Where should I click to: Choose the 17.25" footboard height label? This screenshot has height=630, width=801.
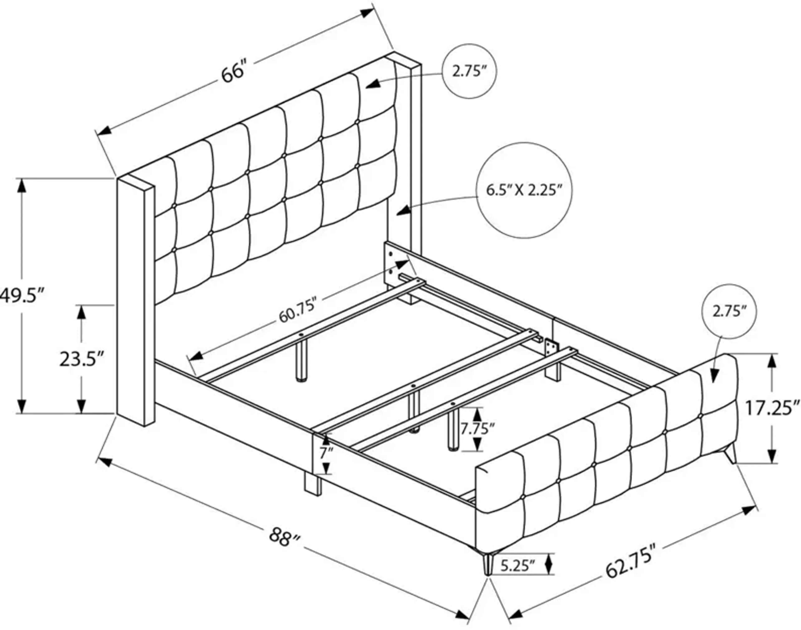pos(771,408)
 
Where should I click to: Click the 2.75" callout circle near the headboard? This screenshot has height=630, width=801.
pos(469,71)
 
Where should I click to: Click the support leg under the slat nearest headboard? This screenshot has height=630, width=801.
pos(302,360)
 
